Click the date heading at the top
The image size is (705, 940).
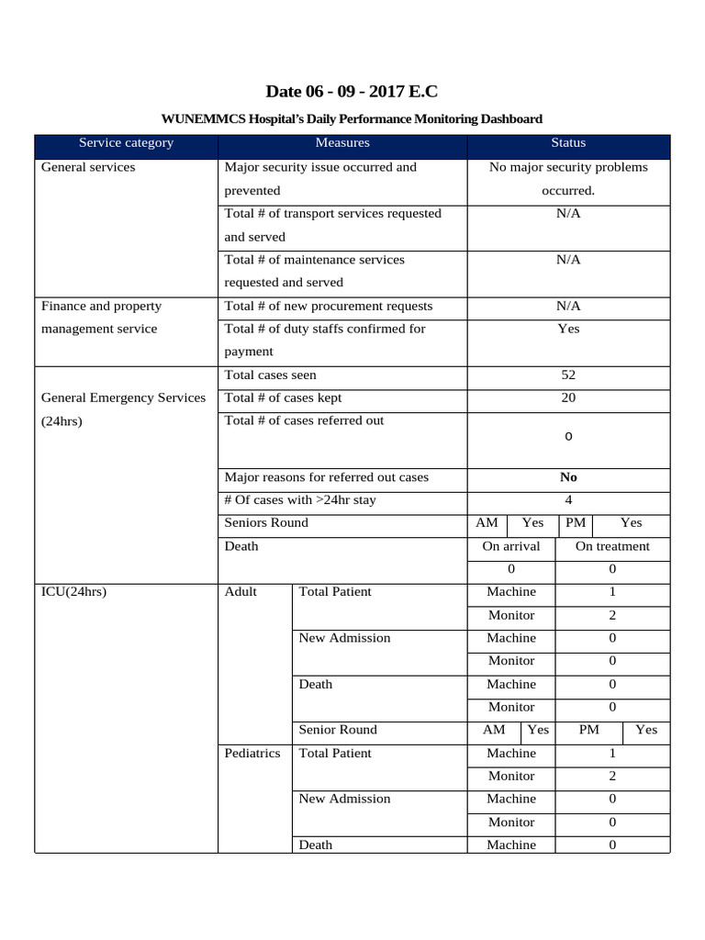click(x=352, y=91)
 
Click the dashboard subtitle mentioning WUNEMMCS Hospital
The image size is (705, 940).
click(x=352, y=119)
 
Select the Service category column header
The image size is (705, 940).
click(x=126, y=143)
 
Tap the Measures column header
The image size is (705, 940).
click(x=342, y=143)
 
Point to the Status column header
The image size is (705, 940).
click(x=568, y=143)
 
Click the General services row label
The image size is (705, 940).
click(x=88, y=167)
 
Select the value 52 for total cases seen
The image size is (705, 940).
click(x=568, y=375)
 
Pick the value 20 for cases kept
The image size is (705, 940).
click(x=568, y=398)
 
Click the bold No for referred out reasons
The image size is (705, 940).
click(x=568, y=477)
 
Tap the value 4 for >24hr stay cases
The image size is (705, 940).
click(x=568, y=500)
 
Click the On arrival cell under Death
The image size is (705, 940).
click(x=511, y=546)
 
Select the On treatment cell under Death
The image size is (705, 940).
click(x=612, y=546)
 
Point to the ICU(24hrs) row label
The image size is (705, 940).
click(x=74, y=592)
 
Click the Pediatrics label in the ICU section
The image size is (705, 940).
click(x=252, y=753)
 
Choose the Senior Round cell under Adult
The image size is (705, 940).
click(x=338, y=730)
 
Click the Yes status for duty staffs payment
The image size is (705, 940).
click(x=568, y=329)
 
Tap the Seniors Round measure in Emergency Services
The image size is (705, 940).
click(x=266, y=523)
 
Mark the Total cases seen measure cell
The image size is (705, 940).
click(x=271, y=375)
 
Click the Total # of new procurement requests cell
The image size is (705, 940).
click(x=329, y=306)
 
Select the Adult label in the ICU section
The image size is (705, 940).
click(x=241, y=592)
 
